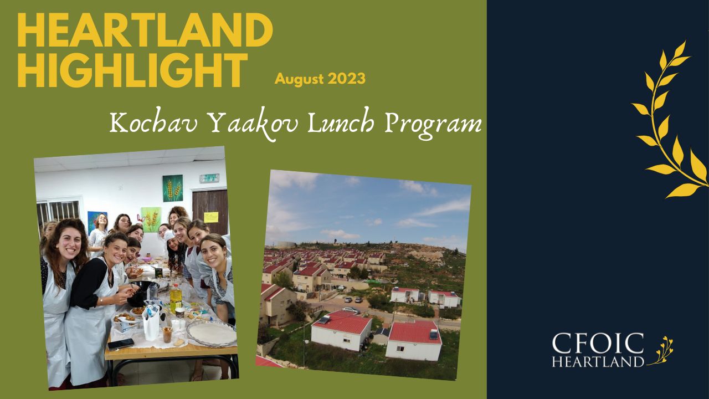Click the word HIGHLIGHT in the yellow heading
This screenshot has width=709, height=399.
(132, 70)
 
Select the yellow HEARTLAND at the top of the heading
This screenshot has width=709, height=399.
(145, 30)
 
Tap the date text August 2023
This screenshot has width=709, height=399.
(320, 79)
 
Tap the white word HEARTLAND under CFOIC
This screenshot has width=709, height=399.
(598, 361)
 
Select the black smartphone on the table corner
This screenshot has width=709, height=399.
(120, 344)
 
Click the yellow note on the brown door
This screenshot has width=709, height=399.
(211, 217)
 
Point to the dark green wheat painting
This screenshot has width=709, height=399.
(173, 188)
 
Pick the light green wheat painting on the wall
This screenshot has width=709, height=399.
(151, 219)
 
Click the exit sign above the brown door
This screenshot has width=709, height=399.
(209, 178)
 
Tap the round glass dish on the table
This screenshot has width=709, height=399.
(212, 334)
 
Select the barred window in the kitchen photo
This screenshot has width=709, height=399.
(58, 212)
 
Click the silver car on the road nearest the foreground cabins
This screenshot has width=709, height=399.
(351, 310)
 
